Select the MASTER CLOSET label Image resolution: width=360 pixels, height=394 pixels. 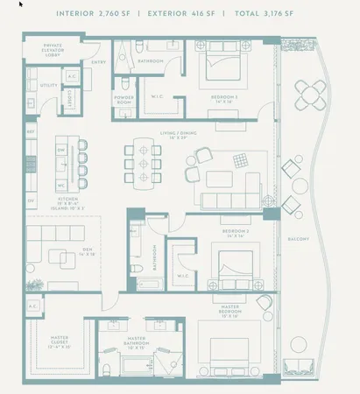tap(60, 342)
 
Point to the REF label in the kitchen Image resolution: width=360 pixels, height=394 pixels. tap(31, 132)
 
